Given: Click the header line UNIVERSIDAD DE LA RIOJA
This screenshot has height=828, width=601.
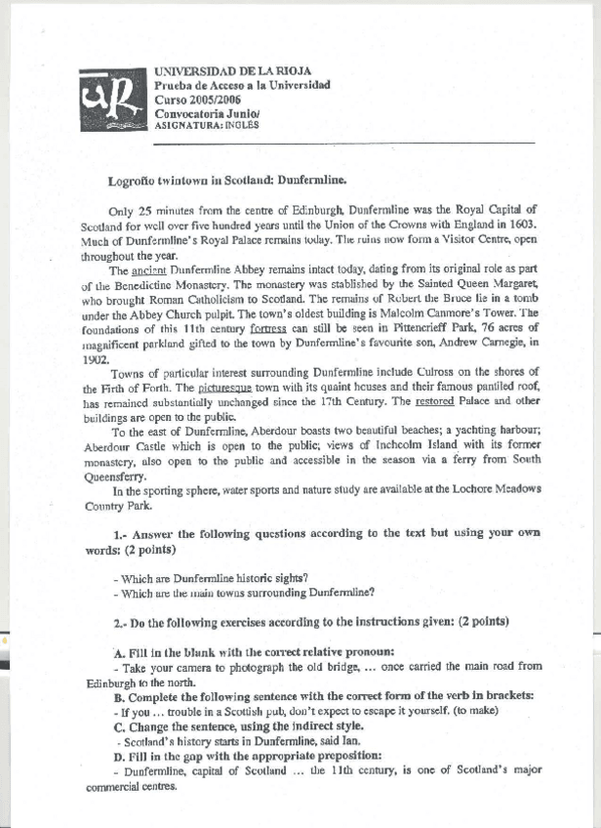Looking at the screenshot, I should tap(233, 71).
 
